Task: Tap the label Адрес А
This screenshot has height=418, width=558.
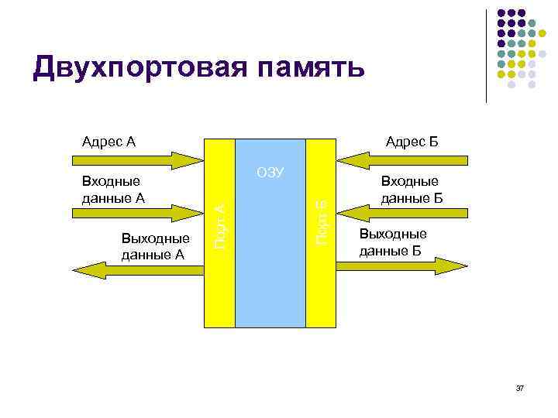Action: [x=108, y=142]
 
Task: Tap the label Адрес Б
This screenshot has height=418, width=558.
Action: [x=412, y=142]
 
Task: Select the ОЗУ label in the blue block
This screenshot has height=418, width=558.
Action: [x=270, y=172]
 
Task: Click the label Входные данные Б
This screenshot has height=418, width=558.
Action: [x=411, y=190]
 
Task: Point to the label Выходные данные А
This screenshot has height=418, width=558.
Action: [x=155, y=245]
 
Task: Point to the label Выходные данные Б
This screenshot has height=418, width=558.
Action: [x=392, y=242]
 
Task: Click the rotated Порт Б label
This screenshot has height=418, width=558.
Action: [x=321, y=220]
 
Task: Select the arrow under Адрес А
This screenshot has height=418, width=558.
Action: [x=136, y=161]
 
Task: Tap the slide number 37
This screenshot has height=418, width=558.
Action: [x=520, y=387]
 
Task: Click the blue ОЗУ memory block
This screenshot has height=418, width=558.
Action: [x=270, y=248]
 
